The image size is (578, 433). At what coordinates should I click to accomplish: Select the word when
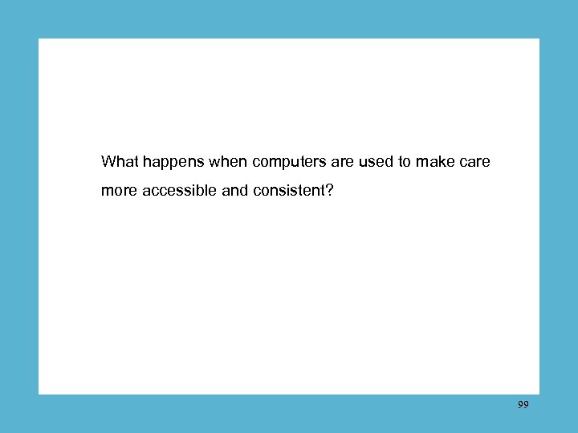[228, 162]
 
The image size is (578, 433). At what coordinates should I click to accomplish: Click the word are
[343, 163]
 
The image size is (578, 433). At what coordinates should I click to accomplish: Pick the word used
[376, 162]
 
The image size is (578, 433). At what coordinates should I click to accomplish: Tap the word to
[405, 162]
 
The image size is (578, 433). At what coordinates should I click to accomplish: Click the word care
[475, 163]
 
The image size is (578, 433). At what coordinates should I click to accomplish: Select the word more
[119, 192]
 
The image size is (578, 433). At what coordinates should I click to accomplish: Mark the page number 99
[523, 405]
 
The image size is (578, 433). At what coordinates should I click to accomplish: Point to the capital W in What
[108, 162]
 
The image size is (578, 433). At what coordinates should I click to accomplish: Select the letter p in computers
[285, 164]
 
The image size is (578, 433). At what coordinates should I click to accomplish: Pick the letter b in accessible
[198, 192]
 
